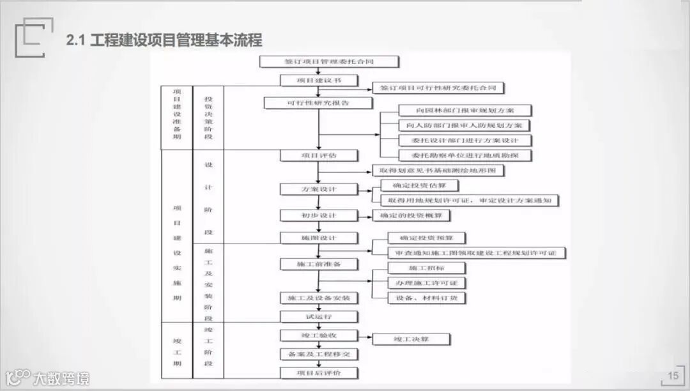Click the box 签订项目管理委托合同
(329, 62)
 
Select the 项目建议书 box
(319, 80)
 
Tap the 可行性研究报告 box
(318, 103)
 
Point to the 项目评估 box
(319, 155)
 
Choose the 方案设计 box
(319, 189)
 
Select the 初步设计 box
(319, 215)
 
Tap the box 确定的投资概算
(411, 216)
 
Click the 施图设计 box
(319, 238)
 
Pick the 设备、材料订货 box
(427, 298)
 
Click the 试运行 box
(319, 316)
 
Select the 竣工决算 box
(411, 339)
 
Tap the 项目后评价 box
(319, 373)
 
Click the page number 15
(673, 376)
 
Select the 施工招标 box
(427, 268)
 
